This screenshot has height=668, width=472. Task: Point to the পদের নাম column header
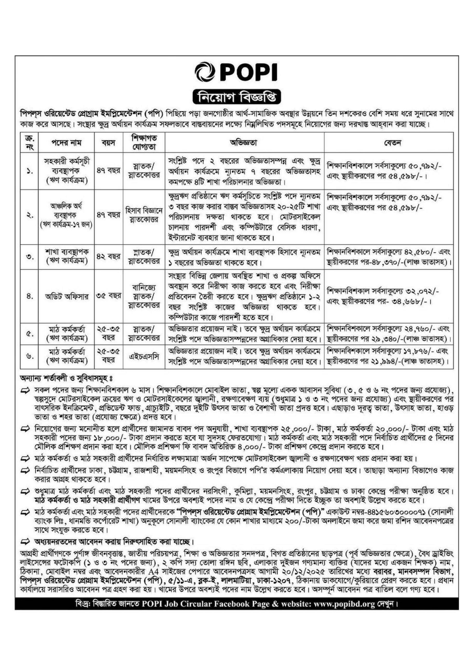[x=67, y=143]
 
